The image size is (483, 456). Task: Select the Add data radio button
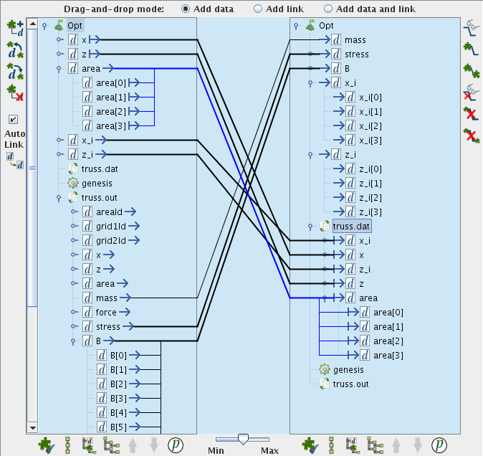click(186, 9)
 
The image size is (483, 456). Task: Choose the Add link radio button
click(258, 9)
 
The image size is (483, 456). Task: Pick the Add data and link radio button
click(328, 9)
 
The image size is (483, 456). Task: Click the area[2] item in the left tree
click(110, 111)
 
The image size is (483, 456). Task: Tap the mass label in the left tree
click(106, 298)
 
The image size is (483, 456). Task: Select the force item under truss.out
click(105, 312)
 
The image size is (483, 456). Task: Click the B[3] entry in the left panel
click(118, 398)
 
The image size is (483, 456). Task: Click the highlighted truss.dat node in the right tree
click(352, 227)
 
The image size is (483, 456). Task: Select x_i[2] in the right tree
click(370, 126)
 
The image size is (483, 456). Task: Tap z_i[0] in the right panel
click(370, 169)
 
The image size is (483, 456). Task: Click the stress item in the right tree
click(356, 54)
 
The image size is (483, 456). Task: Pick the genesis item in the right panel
click(348, 370)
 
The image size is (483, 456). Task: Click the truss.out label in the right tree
click(350, 384)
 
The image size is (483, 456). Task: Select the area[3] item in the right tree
click(388, 356)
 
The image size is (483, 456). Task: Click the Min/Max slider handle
click(243, 439)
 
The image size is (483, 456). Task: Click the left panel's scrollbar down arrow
click(32, 427)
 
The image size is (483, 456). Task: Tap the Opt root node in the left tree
click(75, 25)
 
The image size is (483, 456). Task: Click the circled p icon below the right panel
click(440, 445)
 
